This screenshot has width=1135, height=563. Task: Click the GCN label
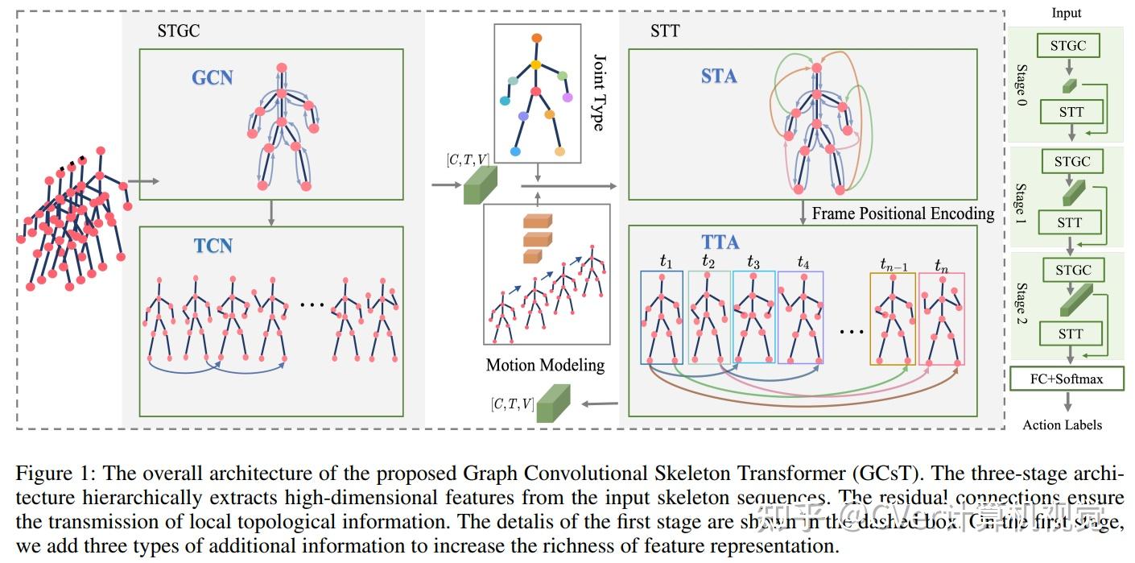[213, 77]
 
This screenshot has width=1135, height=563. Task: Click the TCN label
[213, 245]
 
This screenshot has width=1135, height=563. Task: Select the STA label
[719, 76]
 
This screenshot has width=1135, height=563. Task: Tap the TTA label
[720, 242]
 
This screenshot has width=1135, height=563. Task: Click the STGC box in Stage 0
[1067, 46]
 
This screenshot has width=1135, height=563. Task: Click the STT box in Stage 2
[1070, 333]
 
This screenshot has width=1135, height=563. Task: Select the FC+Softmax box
[1067, 379]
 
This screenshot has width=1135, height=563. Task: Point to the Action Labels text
[1062, 424]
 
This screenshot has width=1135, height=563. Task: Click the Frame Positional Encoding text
[902, 213]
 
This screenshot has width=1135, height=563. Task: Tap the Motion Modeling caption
[545, 365]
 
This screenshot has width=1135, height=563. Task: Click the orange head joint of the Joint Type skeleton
[537, 38]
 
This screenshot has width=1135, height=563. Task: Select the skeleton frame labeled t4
[800, 317]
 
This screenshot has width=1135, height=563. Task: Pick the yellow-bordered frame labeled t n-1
[892, 319]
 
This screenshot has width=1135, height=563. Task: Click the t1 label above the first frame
[665, 261]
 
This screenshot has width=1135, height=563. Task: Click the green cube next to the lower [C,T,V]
[553, 404]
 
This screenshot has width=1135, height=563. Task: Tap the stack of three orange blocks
[536, 238]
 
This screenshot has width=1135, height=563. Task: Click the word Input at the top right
[1067, 13]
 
